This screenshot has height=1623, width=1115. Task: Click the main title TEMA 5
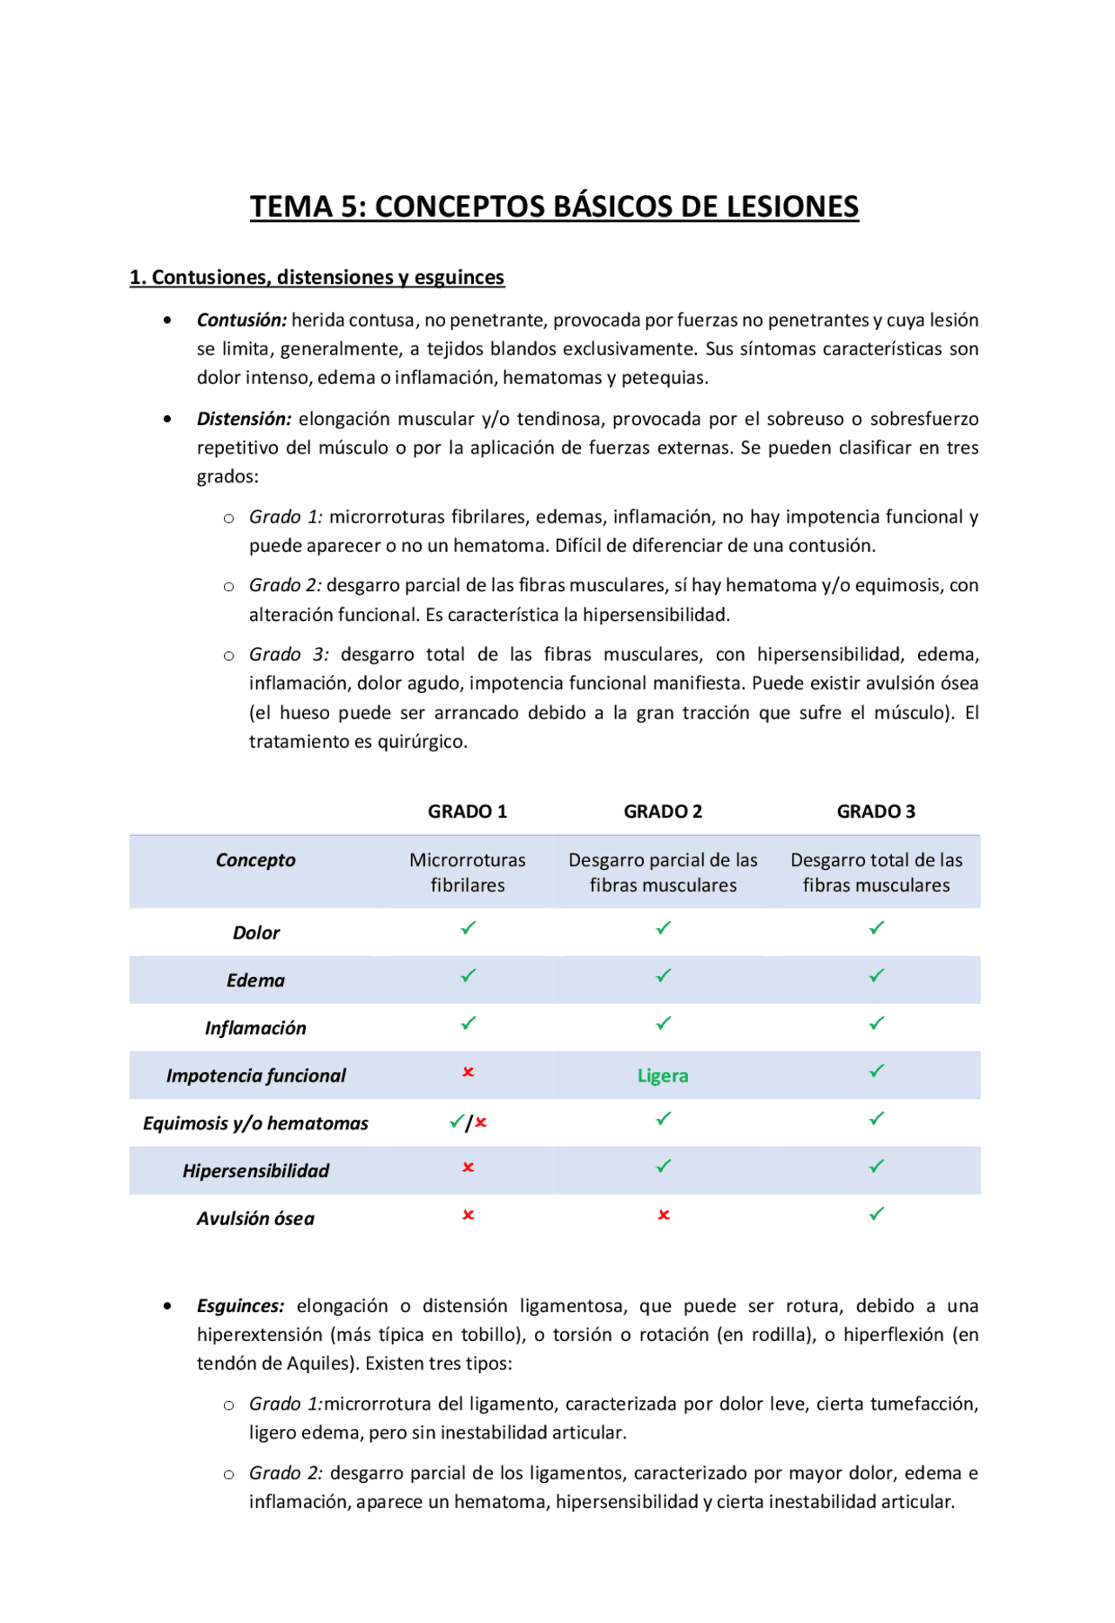[x=554, y=206]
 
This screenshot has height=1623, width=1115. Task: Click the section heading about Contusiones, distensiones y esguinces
[x=316, y=277]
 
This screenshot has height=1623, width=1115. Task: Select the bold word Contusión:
[x=241, y=320]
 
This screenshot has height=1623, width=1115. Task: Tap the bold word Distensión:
[x=244, y=419]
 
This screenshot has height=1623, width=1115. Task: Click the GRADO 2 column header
[x=662, y=811]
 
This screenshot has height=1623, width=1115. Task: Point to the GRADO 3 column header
[x=875, y=811]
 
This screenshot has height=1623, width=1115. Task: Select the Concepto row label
[x=255, y=860]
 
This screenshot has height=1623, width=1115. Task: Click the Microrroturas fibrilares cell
[x=467, y=872]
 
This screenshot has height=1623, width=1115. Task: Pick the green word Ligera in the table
[x=662, y=1076]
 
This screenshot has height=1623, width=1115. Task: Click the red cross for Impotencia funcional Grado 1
[x=468, y=1072]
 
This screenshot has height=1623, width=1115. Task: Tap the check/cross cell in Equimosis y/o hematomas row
[x=468, y=1123]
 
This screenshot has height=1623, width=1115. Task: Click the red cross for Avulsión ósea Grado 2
[x=663, y=1215]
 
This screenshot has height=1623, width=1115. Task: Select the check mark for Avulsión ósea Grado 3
[x=876, y=1214]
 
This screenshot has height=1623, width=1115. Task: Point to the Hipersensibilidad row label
[x=255, y=1171]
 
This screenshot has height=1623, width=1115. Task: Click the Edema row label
[x=255, y=980]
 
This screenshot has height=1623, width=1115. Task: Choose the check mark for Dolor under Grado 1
[x=468, y=928]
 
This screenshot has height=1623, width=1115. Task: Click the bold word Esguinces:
[x=240, y=1306]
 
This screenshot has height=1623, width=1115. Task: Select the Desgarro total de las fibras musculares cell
[x=875, y=872]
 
